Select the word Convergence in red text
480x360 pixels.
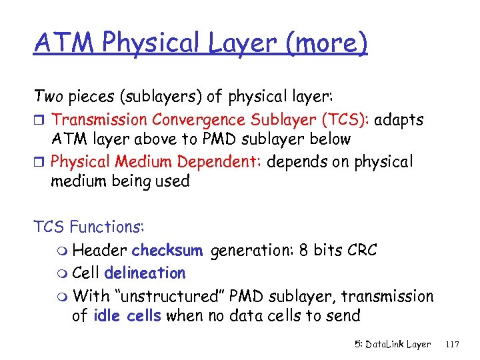193,120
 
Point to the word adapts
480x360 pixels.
399,121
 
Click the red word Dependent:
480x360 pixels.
222,162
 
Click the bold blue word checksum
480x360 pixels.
167,251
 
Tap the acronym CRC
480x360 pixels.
361,251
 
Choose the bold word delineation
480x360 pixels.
145,273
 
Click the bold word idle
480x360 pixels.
103,316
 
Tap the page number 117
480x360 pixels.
452,345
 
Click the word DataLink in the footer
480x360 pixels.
385,345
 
